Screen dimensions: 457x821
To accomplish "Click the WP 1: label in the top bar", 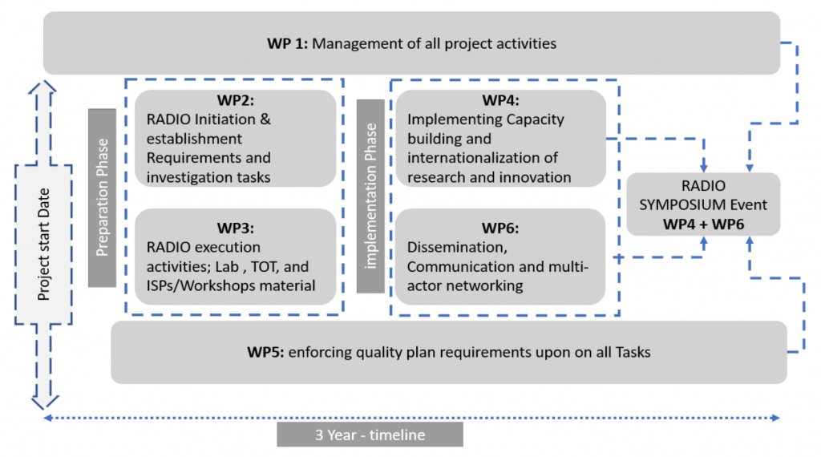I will point(287,43).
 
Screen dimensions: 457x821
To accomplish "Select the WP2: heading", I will point(235,103).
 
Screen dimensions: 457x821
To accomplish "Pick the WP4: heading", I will point(500,102).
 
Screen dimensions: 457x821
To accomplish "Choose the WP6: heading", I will point(500,227).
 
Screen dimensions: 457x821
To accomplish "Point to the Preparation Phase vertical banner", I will point(102,197).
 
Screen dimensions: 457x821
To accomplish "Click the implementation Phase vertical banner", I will point(370,196).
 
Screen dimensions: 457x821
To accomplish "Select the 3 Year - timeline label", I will point(370,435).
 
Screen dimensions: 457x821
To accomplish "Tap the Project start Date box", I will point(45,245).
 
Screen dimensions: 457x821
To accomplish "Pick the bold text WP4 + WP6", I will point(703,224).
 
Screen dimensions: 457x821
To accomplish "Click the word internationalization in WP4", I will point(483,158).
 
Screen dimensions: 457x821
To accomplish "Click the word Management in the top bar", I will point(350,43).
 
